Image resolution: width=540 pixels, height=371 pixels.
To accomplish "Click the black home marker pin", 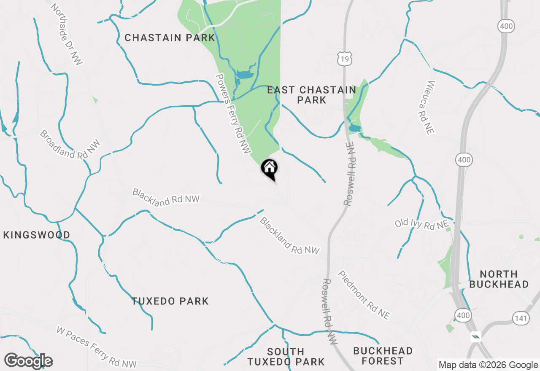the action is [x=270, y=169].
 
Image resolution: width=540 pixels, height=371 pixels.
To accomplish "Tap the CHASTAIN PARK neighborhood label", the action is [x=170, y=38].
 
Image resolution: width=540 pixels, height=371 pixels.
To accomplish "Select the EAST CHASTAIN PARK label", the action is [x=311, y=95].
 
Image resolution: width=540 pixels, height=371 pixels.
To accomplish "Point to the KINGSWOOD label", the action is [x=37, y=235].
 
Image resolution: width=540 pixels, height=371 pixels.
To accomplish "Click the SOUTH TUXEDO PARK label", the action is [x=286, y=357].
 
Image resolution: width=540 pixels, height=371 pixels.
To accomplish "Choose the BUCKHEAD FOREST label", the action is [x=383, y=356].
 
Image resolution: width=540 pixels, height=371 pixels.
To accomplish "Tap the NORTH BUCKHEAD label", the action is [x=499, y=279].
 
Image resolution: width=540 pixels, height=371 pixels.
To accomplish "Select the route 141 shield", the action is [x=521, y=318].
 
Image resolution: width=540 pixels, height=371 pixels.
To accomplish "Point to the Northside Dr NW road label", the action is [x=67, y=35].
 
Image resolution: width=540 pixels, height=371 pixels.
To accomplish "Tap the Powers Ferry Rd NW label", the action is [x=233, y=113].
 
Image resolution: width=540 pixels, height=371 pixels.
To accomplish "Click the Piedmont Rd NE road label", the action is [x=364, y=295].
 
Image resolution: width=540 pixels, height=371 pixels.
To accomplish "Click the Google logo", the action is [x=28, y=361].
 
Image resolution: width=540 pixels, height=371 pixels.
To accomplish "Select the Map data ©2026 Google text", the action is [x=488, y=365].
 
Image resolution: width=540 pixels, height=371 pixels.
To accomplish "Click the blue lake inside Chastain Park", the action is [x=243, y=75].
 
